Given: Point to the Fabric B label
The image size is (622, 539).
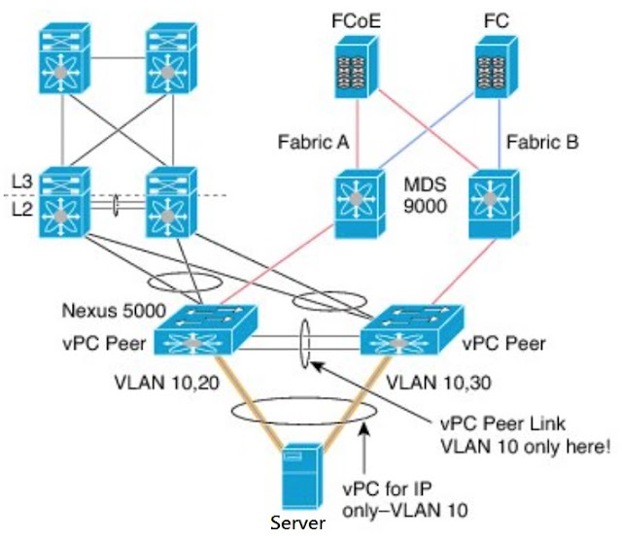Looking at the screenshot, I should (x=542, y=143).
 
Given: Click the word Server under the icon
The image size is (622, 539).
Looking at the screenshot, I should (x=297, y=525).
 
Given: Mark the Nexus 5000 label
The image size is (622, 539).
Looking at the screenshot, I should (x=106, y=312).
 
